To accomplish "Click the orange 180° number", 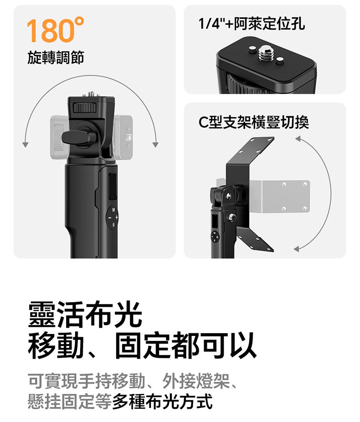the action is point(55,30).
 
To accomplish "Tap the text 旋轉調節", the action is point(56,57).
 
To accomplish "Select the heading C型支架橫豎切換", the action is point(253,123).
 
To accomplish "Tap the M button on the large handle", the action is point(113,210).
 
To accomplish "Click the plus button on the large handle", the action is point(117,217).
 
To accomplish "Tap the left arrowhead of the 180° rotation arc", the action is point(26,144).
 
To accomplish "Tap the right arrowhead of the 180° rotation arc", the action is point(155,144).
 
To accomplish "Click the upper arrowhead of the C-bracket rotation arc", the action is point(298,139).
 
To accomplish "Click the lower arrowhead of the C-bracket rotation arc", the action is point(296,249).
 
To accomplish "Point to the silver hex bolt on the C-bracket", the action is point(232,217).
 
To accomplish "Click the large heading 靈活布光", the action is point(85,314).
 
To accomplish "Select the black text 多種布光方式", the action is point(163,401).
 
